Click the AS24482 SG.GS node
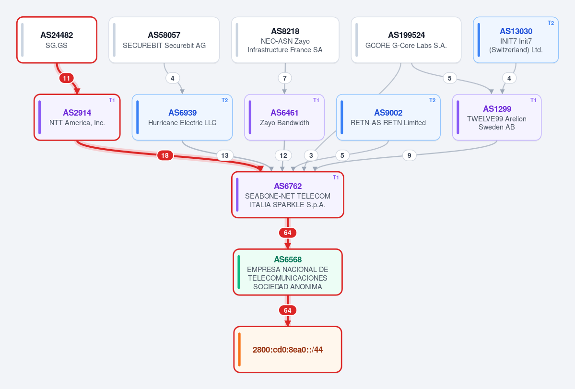click(57, 40)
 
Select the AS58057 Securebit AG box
click(164, 40)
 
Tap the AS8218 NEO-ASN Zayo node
click(285, 40)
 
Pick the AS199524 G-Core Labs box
click(406, 40)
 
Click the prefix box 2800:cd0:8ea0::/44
click(288, 349)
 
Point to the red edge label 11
click(66, 78)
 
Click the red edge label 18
click(165, 155)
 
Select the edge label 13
click(225, 155)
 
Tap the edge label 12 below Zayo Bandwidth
click(283, 155)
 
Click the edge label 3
click(311, 155)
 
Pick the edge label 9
click(409, 155)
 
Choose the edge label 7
click(284, 78)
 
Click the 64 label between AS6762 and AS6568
click(288, 233)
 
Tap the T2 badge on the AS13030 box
click(551, 23)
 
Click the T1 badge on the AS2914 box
click(112, 100)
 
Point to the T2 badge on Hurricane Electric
click(225, 100)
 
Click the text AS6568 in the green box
click(288, 259)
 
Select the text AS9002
click(388, 113)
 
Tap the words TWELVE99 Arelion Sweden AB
click(496, 123)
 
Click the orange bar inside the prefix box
click(239, 349)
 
